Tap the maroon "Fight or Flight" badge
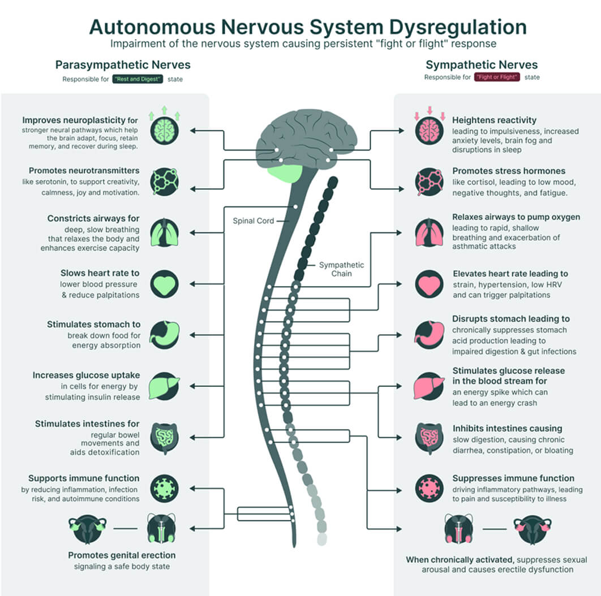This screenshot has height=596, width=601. [496, 77]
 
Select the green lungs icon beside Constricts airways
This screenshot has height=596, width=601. [165, 232]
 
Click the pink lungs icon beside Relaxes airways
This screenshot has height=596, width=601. [429, 232]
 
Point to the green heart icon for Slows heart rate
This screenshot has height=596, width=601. [165, 284]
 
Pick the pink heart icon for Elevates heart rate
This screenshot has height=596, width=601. [429, 284]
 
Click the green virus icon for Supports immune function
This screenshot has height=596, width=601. [165, 488]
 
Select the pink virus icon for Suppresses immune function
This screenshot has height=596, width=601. [429, 488]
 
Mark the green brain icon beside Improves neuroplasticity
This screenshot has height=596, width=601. [165, 131]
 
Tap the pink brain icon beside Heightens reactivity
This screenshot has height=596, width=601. [429, 131]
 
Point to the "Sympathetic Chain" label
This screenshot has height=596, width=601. [341, 269]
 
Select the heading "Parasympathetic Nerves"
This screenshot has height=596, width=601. [123, 64]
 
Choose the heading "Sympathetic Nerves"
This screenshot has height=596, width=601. [482, 64]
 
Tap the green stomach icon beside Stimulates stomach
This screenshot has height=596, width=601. [165, 335]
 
